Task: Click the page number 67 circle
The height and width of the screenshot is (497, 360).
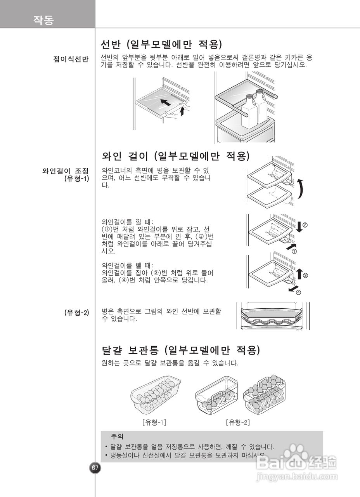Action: click(x=95, y=467)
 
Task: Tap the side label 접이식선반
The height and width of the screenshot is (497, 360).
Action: click(x=71, y=59)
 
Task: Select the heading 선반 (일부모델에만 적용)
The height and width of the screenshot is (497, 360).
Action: click(x=161, y=44)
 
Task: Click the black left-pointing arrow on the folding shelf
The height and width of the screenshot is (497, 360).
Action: click(x=165, y=103)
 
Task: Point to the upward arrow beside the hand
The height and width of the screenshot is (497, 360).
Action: click(x=183, y=112)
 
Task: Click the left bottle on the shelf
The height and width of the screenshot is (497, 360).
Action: click(x=248, y=113)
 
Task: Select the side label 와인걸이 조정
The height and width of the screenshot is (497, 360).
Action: click(x=66, y=171)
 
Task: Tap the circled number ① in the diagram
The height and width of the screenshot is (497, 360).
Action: click(x=294, y=251)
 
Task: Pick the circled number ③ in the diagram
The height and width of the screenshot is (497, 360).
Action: click(x=305, y=276)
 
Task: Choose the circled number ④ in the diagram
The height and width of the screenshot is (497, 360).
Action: click(x=298, y=292)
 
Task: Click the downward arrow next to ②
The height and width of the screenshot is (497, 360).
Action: click(x=299, y=226)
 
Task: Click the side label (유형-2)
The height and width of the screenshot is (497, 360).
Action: click(x=76, y=312)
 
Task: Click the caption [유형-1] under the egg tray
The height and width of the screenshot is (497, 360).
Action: click(x=154, y=422)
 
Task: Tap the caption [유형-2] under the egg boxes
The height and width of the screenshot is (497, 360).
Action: click(x=238, y=422)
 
